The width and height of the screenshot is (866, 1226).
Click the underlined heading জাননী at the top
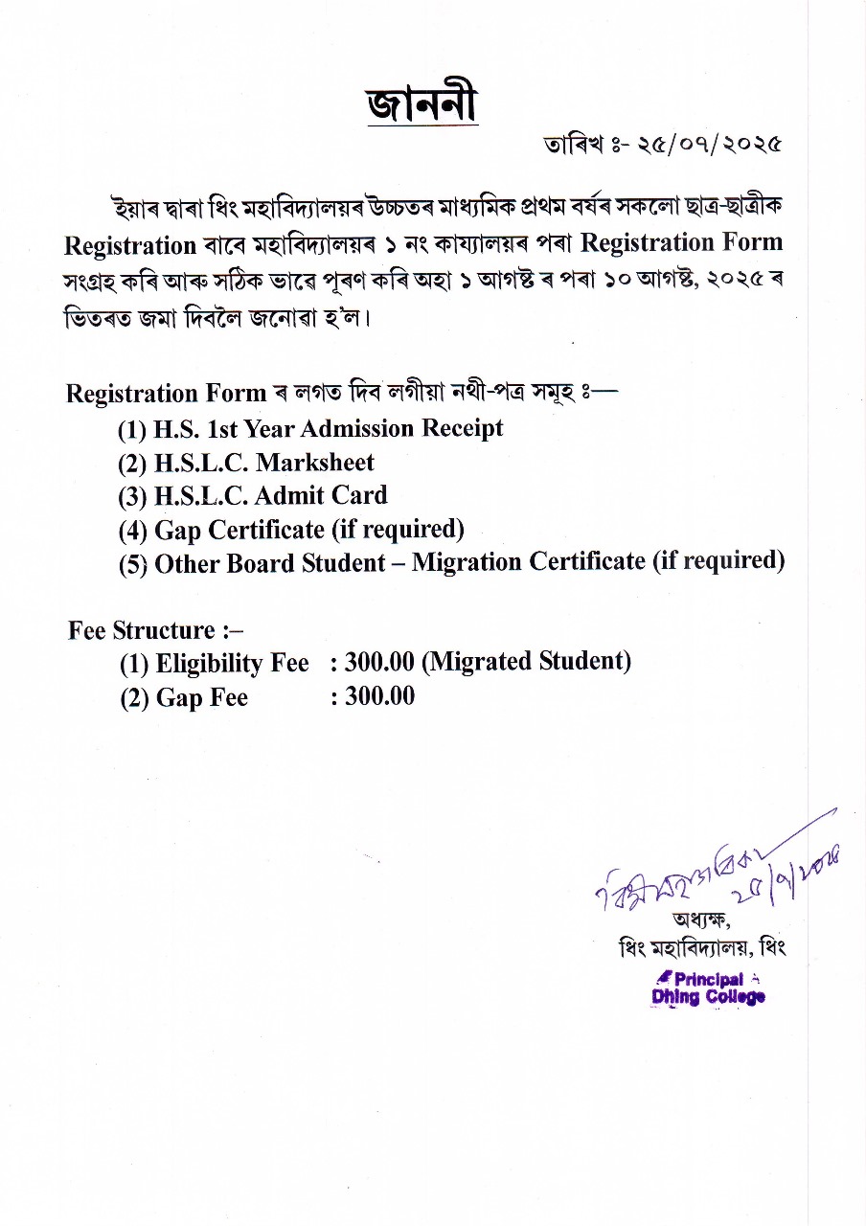point(422,104)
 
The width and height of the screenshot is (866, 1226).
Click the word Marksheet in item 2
point(315,463)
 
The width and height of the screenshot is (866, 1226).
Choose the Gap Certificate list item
point(291,530)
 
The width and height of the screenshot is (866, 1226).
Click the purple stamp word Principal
point(709,979)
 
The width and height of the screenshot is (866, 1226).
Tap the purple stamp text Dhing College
point(708,997)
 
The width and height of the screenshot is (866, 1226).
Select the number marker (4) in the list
point(133,531)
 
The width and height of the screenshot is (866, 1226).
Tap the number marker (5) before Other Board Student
point(133,564)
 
